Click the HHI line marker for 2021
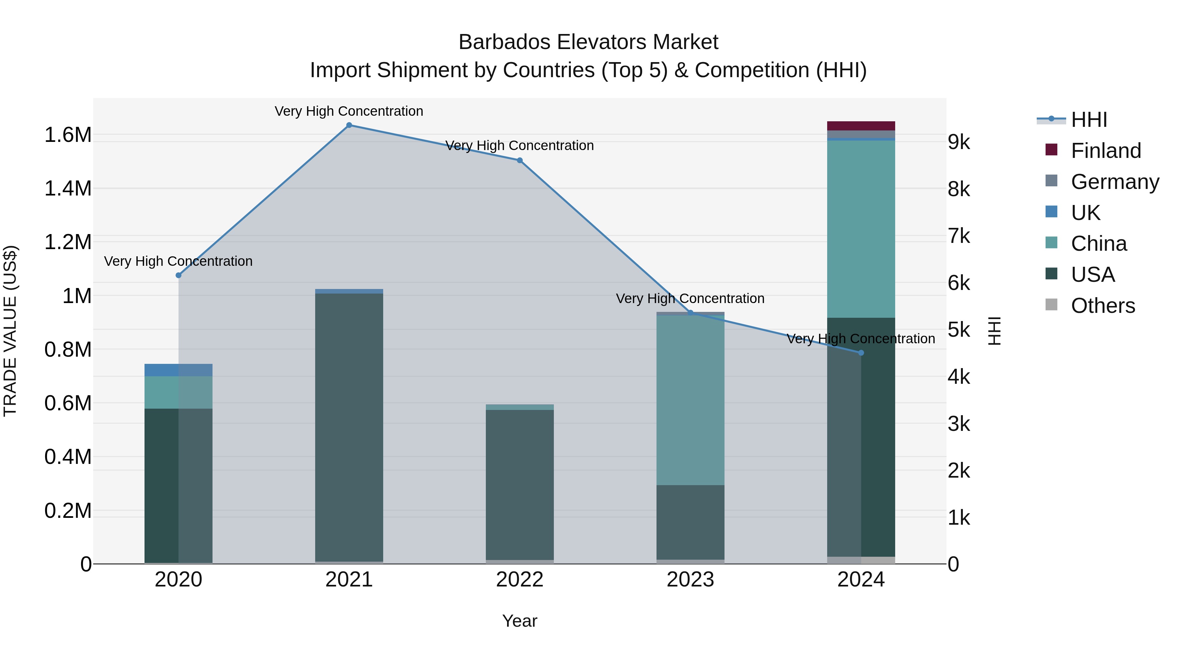[349, 125]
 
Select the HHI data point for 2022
[520, 161]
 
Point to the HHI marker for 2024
[861, 353]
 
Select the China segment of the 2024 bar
[861, 229]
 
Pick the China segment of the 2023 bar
[691, 400]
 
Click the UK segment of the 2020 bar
[179, 370]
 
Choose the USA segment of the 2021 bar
[349, 427]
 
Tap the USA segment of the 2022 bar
[520, 484]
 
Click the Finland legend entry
[1106, 151]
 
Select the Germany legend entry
[1115, 182]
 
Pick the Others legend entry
[1102, 306]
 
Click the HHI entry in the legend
[1089, 120]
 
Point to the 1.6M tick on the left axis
[68, 135]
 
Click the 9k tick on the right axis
[959, 143]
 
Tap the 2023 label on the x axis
[691, 580]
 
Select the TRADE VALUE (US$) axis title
[10, 331]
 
